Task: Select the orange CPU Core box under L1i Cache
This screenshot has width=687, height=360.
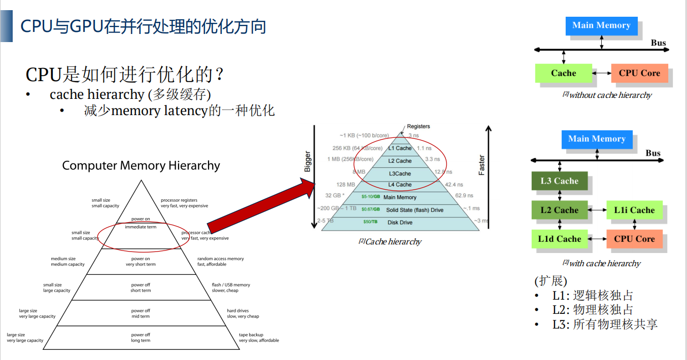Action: pyautogui.click(x=634, y=239)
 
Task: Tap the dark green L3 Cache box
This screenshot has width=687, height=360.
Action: pyautogui.click(x=559, y=181)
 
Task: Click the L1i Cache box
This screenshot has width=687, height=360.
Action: pyautogui.click(x=634, y=210)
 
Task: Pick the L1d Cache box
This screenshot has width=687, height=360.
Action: pyautogui.click(x=559, y=239)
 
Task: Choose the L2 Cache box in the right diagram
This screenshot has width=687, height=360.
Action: pyautogui.click(x=559, y=210)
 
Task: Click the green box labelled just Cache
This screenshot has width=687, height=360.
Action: pyautogui.click(x=563, y=73)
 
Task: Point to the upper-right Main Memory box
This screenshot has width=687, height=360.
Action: pyautogui.click(x=601, y=25)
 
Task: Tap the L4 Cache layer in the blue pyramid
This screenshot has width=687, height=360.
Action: pyautogui.click(x=400, y=185)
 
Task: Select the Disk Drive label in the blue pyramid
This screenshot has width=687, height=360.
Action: pyautogui.click(x=400, y=222)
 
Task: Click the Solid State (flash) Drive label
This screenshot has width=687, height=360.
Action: pyautogui.click(x=415, y=210)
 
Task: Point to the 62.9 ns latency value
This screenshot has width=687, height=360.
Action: pyautogui.click(x=464, y=196)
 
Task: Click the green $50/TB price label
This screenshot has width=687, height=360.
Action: pyautogui.click(x=370, y=222)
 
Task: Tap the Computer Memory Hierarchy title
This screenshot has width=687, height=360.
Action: pyautogui.click(x=141, y=166)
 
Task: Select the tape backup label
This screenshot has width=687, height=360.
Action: pyautogui.click(x=251, y=335)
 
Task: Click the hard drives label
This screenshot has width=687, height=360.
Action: pyautogui.click(x=238, y=310)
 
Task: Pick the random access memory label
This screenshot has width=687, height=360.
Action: pyautogui.click(x=221, y=259)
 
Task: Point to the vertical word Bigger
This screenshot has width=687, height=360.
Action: pyautogui.click(x=307, y=162)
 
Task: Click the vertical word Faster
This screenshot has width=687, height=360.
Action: pyautogui.click(x=482, y=165)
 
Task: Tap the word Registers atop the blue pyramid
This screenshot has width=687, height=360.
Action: pyautogui.click(x=418, y=126)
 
